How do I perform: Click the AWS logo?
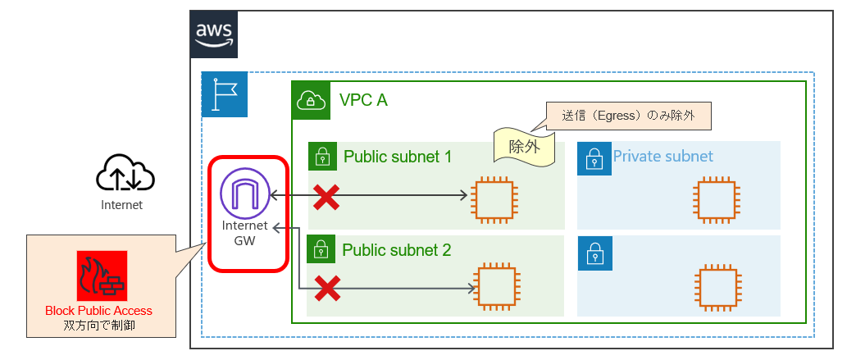pyautogui.click(x=214, y=34)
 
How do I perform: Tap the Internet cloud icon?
pyautogui.click(x=125, y=173)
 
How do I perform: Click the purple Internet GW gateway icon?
pyautogui.click(x=244, y=192)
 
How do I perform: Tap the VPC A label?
pyautogui.click(x=363, y=100)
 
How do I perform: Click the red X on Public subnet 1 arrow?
pyautogui.click(x=327, y=196)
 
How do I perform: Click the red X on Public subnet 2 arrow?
pyautogui.click(x=327, y=287)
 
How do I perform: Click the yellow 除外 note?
pyautogui.click(x=522, y=147)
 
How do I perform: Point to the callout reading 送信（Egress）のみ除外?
pyautogui.click(x=627, y=116)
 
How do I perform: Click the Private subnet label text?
pyautogui.click(x=662, y=156)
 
